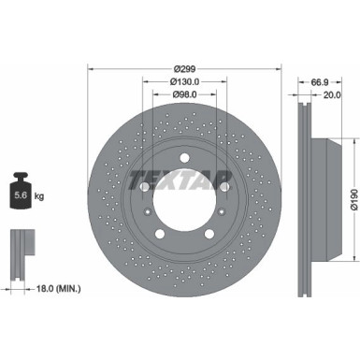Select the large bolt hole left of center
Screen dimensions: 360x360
point(144,187)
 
